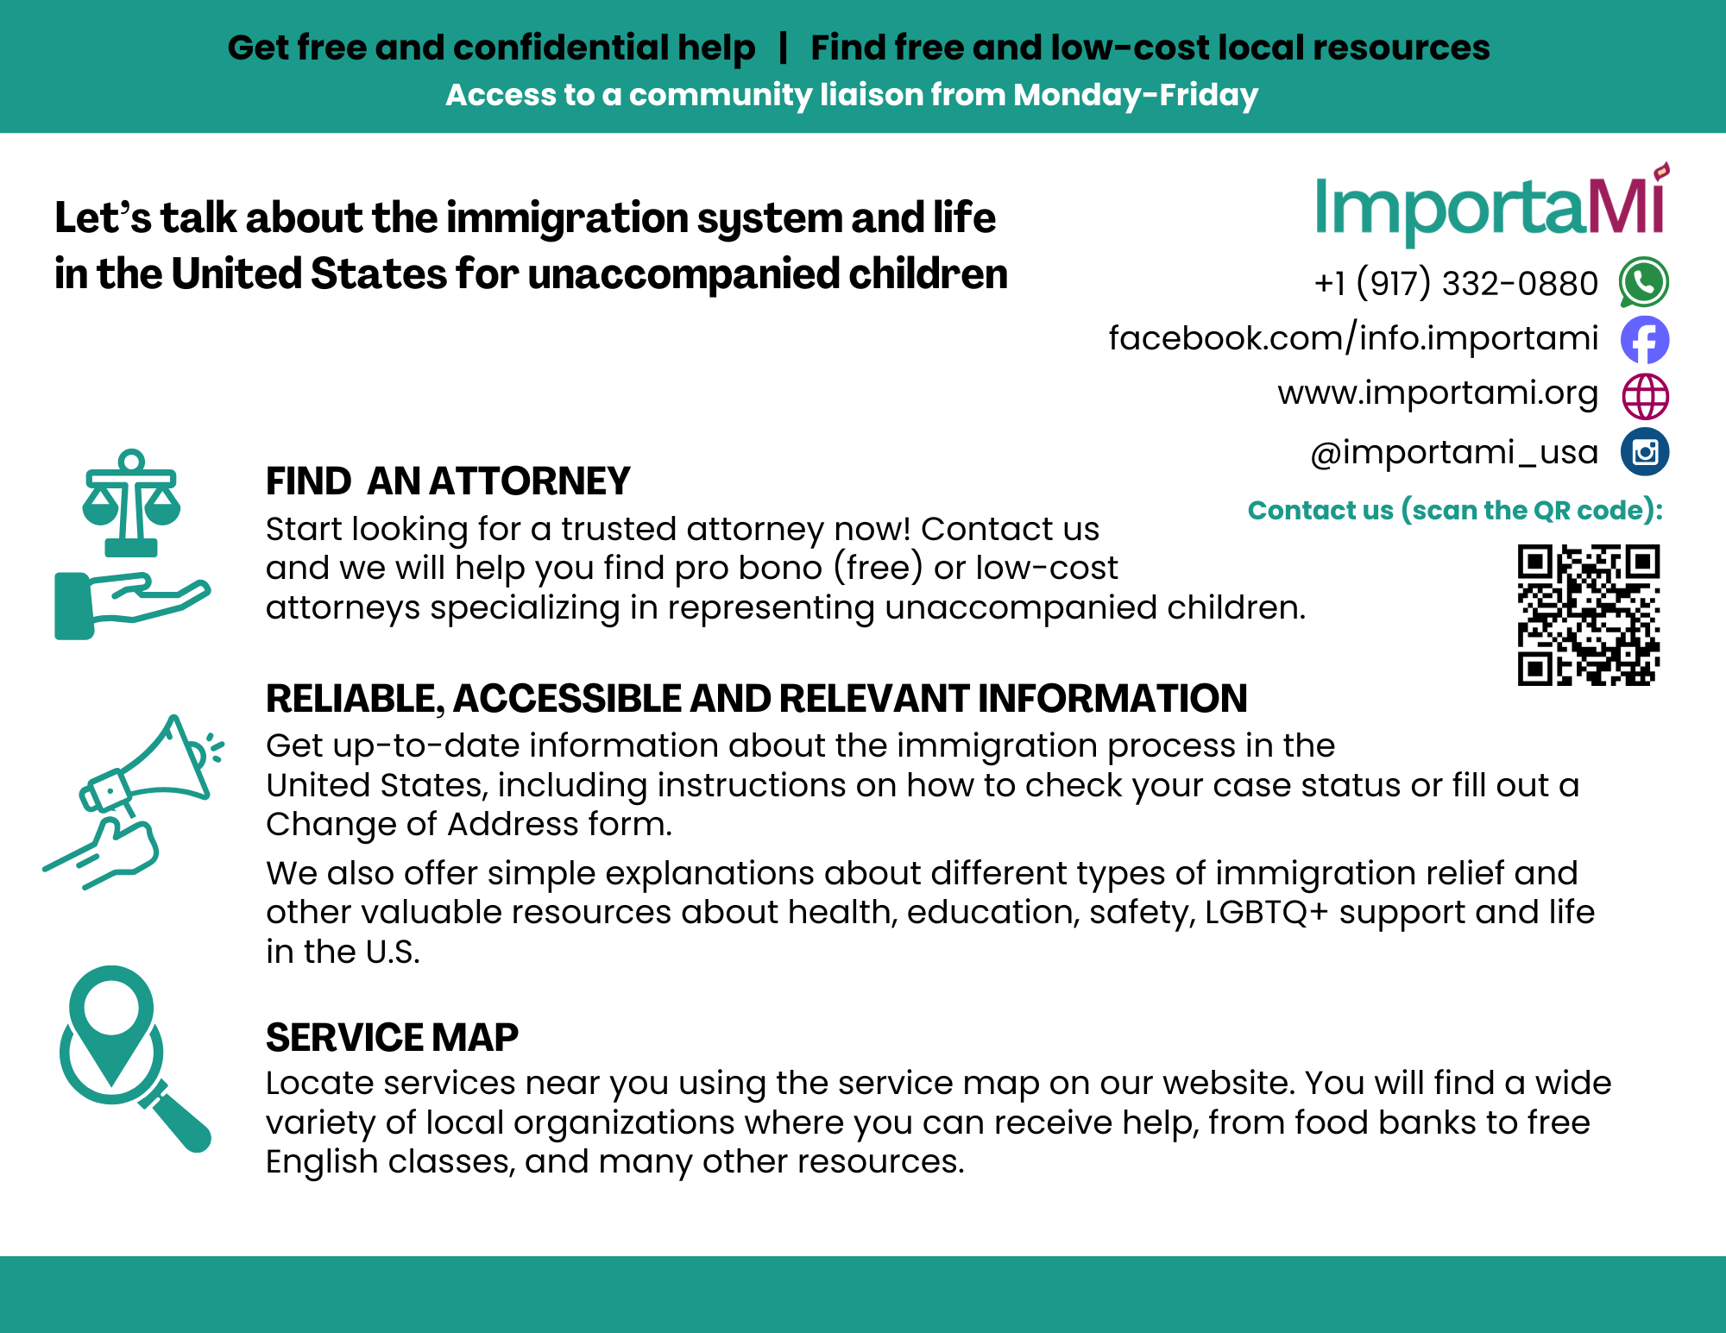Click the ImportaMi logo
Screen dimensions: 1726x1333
(1492, 204)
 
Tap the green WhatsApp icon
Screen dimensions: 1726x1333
(1644, 282)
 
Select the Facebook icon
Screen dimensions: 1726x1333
(1645, 339)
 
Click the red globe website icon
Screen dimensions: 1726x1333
(1645, 396)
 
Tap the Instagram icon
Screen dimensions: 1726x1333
(1645, 452)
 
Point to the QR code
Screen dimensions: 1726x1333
(1588, 614)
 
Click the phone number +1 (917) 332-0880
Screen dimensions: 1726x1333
(1456, 283)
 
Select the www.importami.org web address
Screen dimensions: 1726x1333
(1438, 393)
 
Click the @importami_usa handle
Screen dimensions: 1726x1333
(1454, 452)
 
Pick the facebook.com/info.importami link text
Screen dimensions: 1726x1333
(1353, 337)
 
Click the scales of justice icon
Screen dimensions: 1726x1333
(131, 544)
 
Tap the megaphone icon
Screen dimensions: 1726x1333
(134, 802)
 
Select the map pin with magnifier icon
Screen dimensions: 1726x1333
(135, 1059)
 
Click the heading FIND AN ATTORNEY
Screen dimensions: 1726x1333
(448, 481)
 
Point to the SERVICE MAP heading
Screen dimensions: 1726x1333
(392, 1037)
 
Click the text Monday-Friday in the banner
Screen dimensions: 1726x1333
(1136, 95)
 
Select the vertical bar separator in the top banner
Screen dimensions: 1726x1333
(783, 47)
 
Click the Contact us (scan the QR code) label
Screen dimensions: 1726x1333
(1455, 510)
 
